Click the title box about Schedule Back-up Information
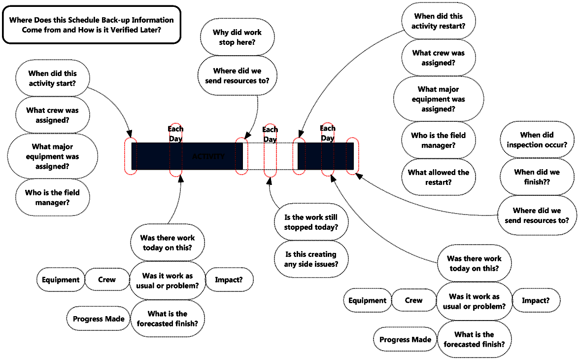coord(92,25)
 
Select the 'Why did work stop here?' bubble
coord(237,37)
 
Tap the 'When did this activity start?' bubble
coord(52,78)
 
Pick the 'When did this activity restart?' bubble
coord(438,21)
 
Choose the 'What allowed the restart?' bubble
coord(438,177)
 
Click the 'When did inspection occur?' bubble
coord(537,140)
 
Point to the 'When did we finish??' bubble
coord(537,177)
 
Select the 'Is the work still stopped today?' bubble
coord(311,222)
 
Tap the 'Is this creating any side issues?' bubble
coord(311,259)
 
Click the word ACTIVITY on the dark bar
coord(208,156)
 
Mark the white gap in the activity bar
coord(270,156)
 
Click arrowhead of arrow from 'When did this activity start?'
coord(129,134)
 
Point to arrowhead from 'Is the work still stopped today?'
coord(269,181)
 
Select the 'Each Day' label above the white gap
coord(270,134)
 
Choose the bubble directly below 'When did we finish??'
coord(537,216)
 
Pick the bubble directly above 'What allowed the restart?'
coord(438,140)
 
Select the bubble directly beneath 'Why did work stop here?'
coord(237,75)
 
